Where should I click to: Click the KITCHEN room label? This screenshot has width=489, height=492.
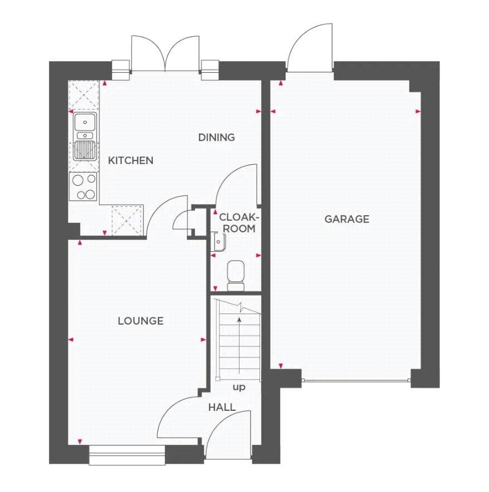[x=130, y=161]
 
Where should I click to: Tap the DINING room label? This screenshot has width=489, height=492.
[x=217, y=137]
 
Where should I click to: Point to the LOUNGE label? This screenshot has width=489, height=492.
[x=141, y=321]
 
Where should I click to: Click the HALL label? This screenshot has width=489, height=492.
[x=222, y=407]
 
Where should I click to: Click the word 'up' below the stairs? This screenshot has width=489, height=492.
[x=238, y=387]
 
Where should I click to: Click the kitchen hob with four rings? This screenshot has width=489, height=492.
[x=83, y=186]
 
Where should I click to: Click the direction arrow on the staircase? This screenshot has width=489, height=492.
[x=239, y=345]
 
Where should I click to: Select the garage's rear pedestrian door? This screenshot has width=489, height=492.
[x=309, y=50]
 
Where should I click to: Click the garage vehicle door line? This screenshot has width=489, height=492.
[x=356, y=381]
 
